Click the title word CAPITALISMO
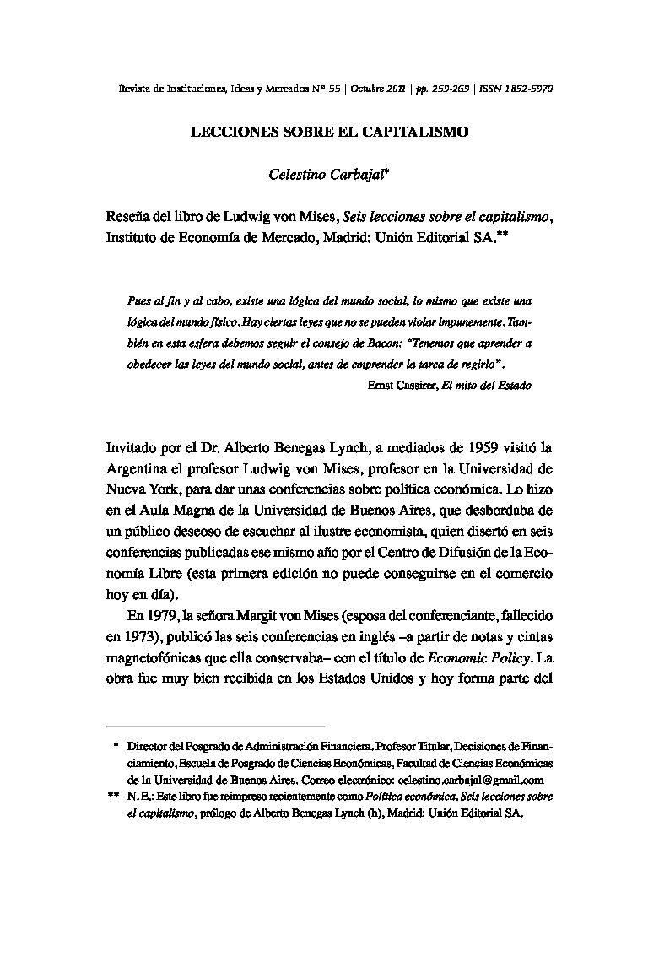pyautogui.click(x=424, y=132)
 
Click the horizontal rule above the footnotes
pyautogui.click(x=215, y=726)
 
